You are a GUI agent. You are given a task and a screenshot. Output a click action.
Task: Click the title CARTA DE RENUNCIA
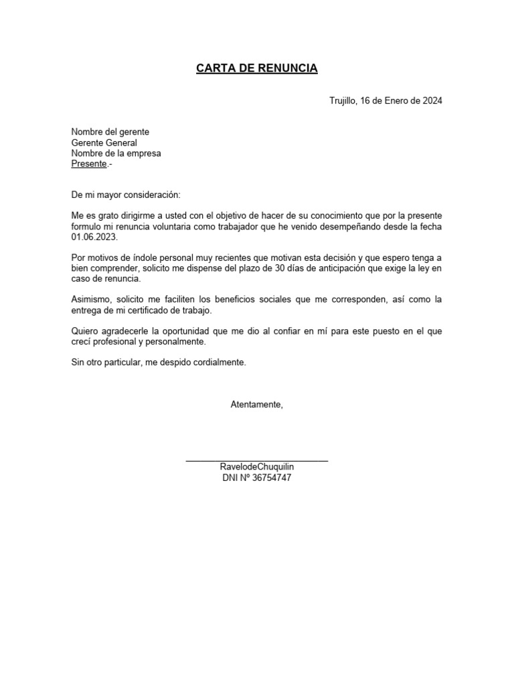(257, 68)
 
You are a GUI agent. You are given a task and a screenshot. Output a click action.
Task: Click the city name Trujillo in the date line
(343, 101)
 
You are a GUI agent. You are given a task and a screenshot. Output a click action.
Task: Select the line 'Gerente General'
(104, 142)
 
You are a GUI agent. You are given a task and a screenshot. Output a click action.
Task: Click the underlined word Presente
(89, 164)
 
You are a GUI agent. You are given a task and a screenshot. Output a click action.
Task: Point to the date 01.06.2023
(93, 237)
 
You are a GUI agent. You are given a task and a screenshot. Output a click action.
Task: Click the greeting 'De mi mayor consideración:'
(126, 195)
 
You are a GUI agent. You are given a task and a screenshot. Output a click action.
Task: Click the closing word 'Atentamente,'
(257, 404)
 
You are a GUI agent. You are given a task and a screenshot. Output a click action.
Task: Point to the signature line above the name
(257, 460)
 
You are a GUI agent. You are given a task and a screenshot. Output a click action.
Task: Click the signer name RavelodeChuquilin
(257, 467)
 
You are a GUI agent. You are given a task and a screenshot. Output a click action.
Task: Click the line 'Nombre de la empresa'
(116, 153)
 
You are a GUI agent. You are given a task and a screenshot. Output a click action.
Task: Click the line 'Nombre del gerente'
(110, 132)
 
